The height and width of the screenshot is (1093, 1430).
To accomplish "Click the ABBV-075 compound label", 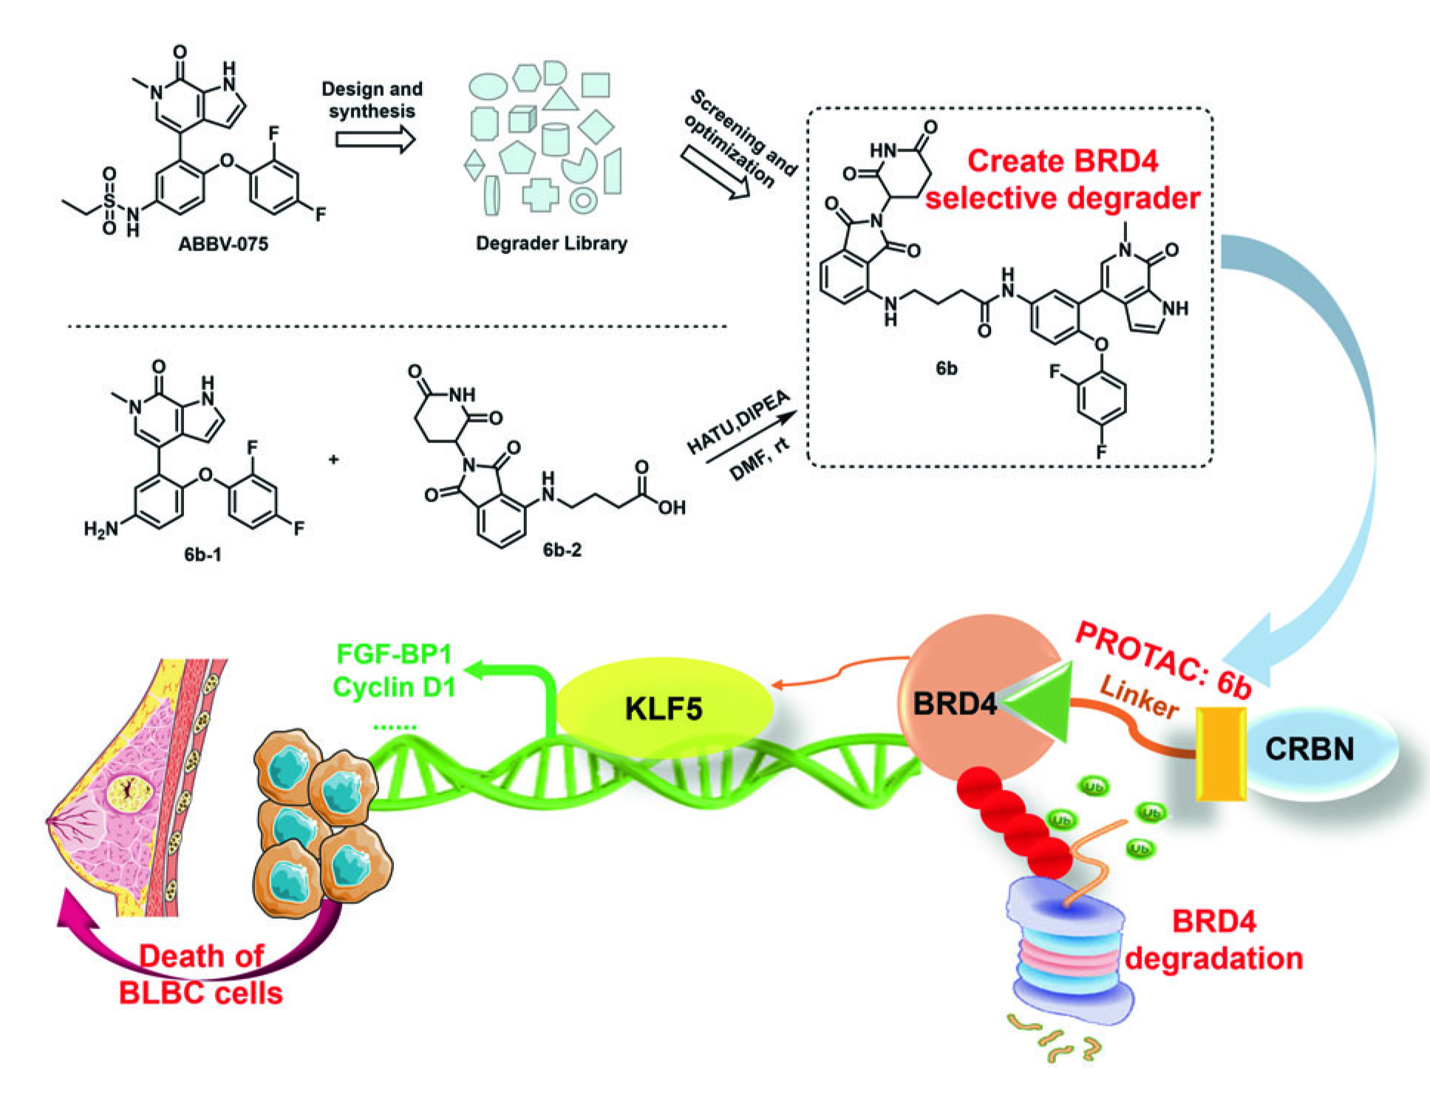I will (223, 244).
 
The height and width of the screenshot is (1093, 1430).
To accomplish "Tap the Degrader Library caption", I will (551, 243).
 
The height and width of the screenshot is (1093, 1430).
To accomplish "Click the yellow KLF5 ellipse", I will (664, 707).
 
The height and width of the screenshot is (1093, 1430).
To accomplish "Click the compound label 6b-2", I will (562, 549).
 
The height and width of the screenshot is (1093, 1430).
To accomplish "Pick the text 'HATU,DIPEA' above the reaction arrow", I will (738, 422).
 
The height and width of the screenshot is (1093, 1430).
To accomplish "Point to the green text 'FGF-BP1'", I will (394, 654).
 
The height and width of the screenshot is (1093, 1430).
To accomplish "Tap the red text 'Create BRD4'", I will (1063, 161).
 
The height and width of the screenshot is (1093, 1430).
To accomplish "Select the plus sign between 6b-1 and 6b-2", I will (334, 459).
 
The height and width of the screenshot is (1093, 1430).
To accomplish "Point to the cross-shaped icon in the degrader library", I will (539, 194).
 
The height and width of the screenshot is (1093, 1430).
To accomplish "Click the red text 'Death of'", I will (201, 956).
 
